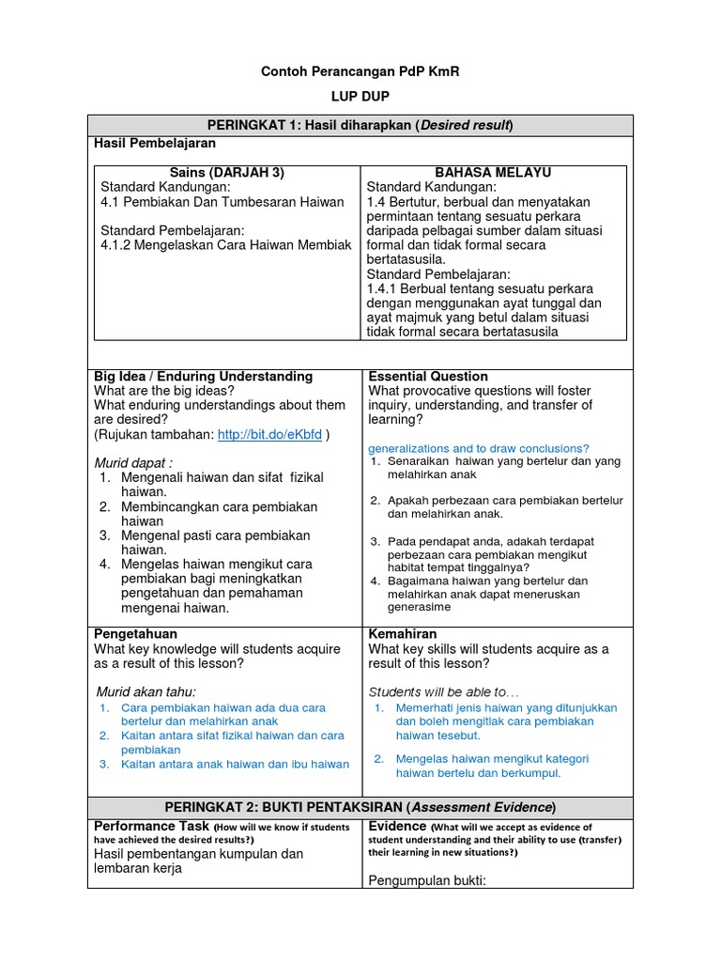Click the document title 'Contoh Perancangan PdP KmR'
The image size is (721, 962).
[360, 71]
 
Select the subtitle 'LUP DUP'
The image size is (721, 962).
[360, 97]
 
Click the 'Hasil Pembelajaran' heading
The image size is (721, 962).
[154, 143]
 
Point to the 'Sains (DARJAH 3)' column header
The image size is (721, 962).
[226, 172]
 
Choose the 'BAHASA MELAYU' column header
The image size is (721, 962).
[494, 172]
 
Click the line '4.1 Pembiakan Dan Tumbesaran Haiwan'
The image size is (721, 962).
[222, 201]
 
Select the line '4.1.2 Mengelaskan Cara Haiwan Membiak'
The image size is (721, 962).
[225, 244]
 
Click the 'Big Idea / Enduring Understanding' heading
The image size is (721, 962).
[203, 376]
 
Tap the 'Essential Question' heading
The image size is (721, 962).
[428, 376]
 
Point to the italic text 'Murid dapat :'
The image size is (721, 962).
[133, 462]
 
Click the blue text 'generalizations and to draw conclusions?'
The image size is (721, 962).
[479, 448]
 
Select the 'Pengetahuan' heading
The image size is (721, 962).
[136, 634]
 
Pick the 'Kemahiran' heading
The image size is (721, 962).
[404, 634]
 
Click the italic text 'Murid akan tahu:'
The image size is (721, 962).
[144, 691]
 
